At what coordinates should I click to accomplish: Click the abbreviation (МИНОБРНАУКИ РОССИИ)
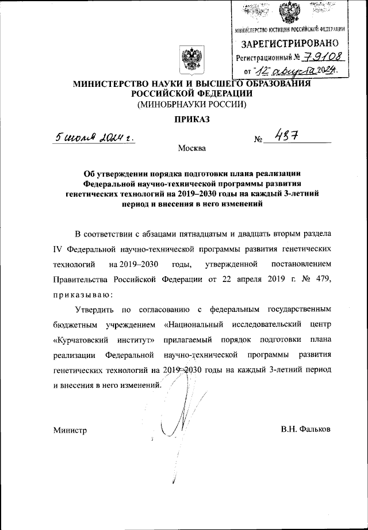click(x=191, y=105)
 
